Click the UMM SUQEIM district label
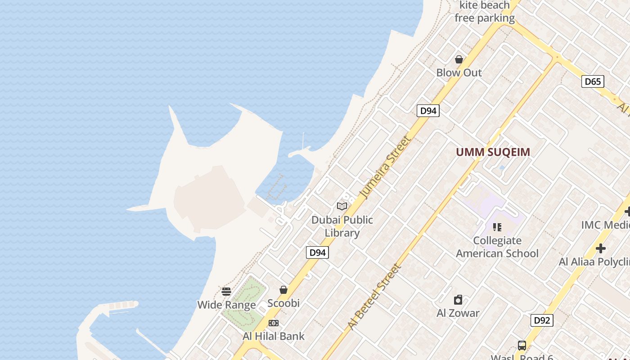pos(493,152)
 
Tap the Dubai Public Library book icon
pos(342,206)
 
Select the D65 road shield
pos(593,81)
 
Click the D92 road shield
pos(542,320)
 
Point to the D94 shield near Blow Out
pos(427,111)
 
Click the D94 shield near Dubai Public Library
pos(317,252)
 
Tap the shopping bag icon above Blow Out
pos(459,59)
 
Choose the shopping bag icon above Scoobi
pos(283,290)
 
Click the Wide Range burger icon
pos(226,291)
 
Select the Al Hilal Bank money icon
pos(273,323)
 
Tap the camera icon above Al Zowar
pos(458,300)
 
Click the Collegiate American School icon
pos(497,227)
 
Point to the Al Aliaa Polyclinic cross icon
pos(600,248)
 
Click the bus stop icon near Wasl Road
pos(522,346)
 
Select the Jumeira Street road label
pos(386,166)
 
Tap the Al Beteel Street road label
pos(374,297)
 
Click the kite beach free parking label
pos(484,12)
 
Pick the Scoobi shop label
pos(283,303)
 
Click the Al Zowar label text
pos(458,313)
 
